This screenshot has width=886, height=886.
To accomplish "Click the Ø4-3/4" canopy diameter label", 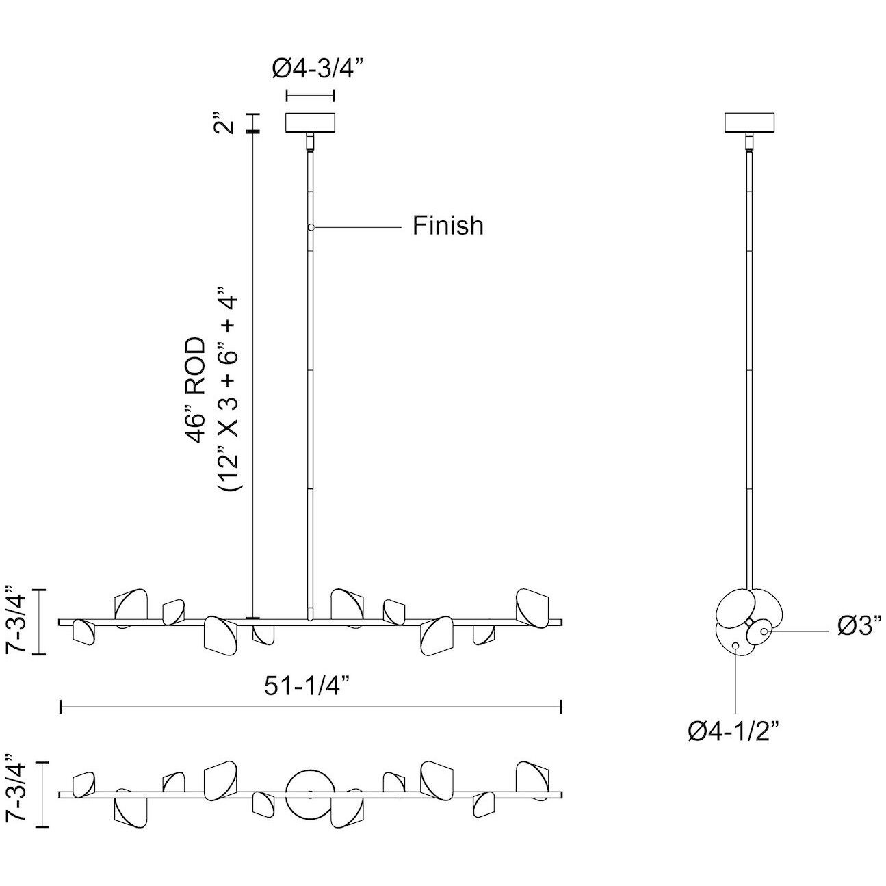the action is tap(317, 69).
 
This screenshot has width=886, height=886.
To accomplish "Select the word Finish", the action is tap(447, 226).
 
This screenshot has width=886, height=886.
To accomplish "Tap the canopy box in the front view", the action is tap(310, 122).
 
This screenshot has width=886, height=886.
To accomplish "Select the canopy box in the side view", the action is tap(749, 122).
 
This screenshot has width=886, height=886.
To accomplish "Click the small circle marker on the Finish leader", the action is tap(311, 227).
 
